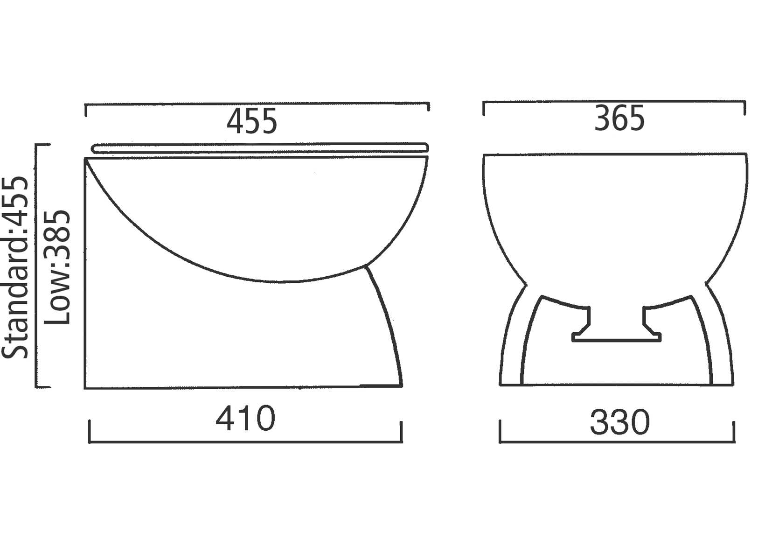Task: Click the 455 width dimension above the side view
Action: point(252,121)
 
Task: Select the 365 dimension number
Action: point(619,119)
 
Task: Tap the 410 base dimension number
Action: point(245,418)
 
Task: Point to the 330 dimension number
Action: point(619,422)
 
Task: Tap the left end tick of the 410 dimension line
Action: point(89,431)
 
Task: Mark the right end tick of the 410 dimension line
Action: point(402,431)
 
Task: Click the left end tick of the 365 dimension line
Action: point(484,108)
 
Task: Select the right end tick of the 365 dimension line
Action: point(745,108)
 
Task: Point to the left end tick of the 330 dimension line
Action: point(500,431)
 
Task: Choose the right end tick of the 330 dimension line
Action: point(734,432)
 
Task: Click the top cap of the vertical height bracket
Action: point(43,145)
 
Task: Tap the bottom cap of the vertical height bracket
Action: point(43,387)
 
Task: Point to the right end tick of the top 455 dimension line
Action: point(428,107)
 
